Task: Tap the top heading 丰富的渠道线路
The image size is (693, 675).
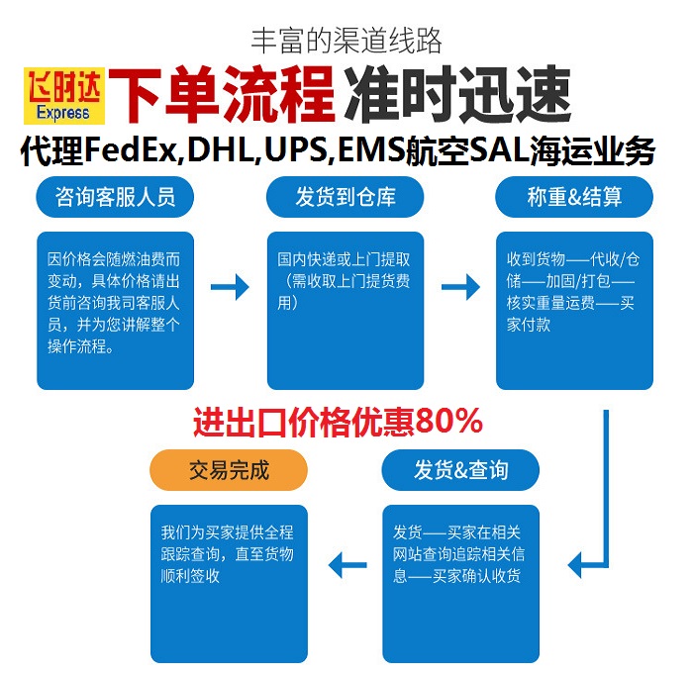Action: tap(346, 41)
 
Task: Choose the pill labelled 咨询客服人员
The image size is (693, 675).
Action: tap(116, 197)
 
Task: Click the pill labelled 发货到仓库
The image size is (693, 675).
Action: tap(346, 197)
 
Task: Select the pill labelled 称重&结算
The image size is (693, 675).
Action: tap(574, 197)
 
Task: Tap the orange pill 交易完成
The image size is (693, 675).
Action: tap(229, 470)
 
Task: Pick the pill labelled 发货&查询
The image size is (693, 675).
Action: tap(460, 470)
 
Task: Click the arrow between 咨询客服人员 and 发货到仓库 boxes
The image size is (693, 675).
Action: tap(230, 288)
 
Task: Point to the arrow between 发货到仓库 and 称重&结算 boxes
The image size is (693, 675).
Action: tap(459, 288)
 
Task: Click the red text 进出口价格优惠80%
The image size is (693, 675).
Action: tap(337, 423)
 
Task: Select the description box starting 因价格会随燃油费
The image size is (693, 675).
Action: tap(116, 310)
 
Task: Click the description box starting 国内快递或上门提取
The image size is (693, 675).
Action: tap(346, 310)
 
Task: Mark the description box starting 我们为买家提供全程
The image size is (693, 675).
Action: tap(230, 583)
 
